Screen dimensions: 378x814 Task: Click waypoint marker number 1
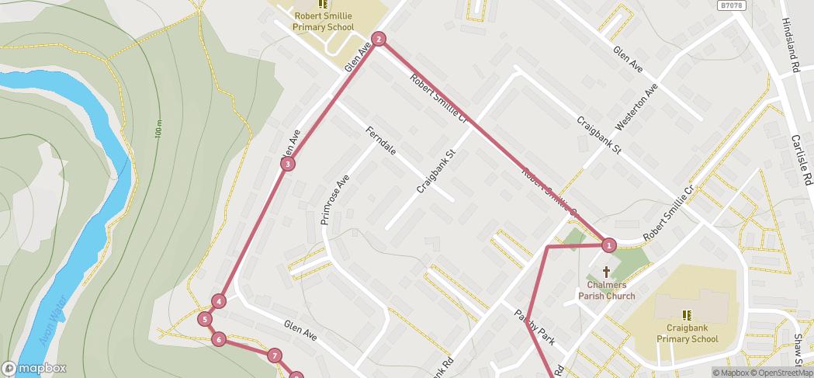(x=609, y=245)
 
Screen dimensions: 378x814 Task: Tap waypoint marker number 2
(x=378, y=39)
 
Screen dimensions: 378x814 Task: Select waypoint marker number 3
(x=288, y=164)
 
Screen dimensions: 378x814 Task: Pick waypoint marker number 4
(x=220, y=301)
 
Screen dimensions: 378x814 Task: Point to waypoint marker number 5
(x=205, y=319)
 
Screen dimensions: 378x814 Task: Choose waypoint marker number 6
(x=219, y=338)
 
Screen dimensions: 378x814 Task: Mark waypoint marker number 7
(x=274, y=355)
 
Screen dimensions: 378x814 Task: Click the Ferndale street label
(x=381, y=140)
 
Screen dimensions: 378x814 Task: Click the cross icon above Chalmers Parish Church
(x=606, y=272)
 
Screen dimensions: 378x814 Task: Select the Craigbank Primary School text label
(x=687, y=334)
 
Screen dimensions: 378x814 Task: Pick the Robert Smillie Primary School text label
(x=323, y=22)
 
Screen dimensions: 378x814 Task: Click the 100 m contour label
(x=158, y=129)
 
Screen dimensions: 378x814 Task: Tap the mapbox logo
(x=33, y=368)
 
